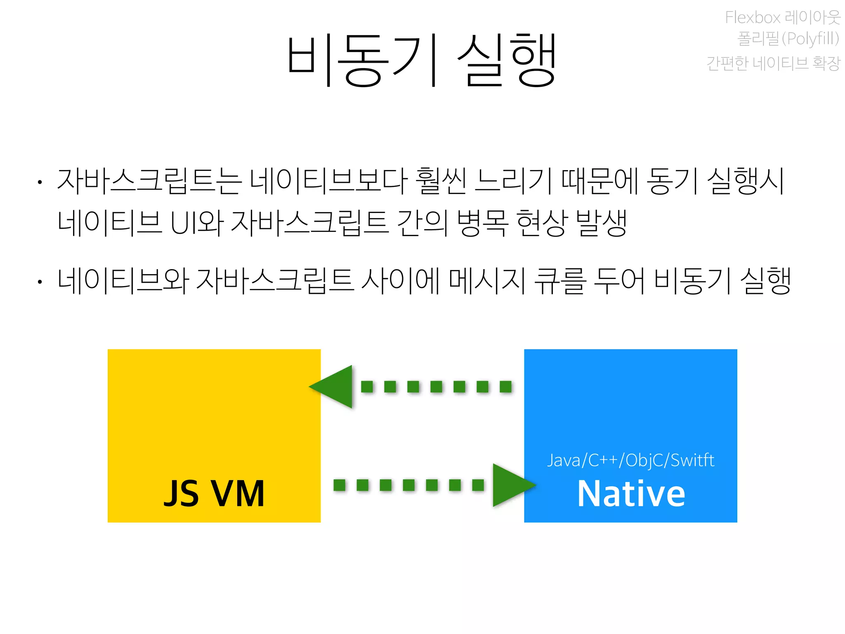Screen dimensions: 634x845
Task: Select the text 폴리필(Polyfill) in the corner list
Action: pyautogui.click(x=788, y=39)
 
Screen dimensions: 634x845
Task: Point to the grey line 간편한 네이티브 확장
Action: pyautogui.click(x=773, y=63)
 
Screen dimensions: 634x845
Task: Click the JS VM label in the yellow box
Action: pyautogui.click(x=214, y=494)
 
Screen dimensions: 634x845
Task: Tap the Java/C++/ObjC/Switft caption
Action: pyautogui.click(x=630, y=460)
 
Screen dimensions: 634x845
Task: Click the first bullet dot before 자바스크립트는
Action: pyautogui.click(x=40, y=182)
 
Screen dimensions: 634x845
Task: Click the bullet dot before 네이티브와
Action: pyautogui.click(x=40, y=282)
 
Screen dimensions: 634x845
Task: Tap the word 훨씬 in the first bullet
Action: pyautogui.click(x=441, y=181)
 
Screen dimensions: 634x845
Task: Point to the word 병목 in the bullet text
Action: pyautogui.click(x=482, y=223)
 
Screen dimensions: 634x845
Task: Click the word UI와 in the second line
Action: pyautogui.click(x=197, y=223)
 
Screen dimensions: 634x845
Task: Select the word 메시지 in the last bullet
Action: pyautogui.click(x=487, y=281)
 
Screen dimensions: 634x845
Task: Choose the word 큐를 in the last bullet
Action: pyautogui.click(x=560, y=281)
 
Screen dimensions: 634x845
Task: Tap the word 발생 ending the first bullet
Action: pyautogui.click(x=602, y=223)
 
